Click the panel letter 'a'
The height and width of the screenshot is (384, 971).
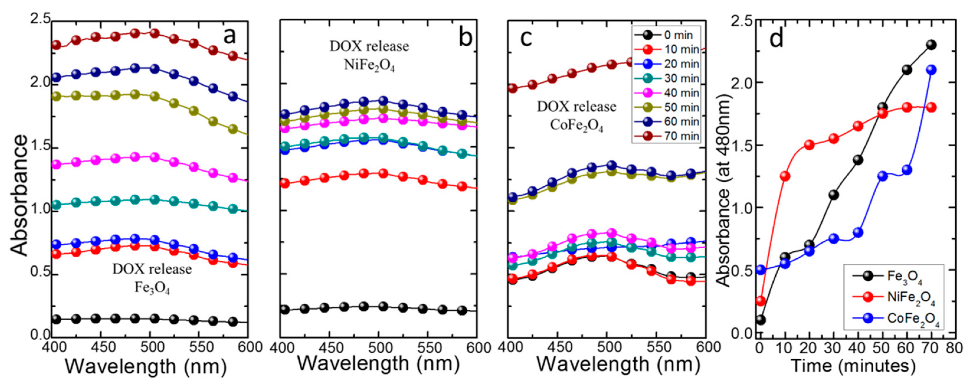230,37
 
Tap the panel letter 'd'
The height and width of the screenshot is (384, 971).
777,38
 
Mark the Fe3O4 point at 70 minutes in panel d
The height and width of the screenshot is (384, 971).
931,45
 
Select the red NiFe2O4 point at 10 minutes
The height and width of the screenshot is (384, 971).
785,176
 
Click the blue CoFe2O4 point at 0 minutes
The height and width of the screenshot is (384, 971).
761,270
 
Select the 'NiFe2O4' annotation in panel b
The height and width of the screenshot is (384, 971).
369,66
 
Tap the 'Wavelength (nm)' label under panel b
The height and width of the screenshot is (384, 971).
378,364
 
